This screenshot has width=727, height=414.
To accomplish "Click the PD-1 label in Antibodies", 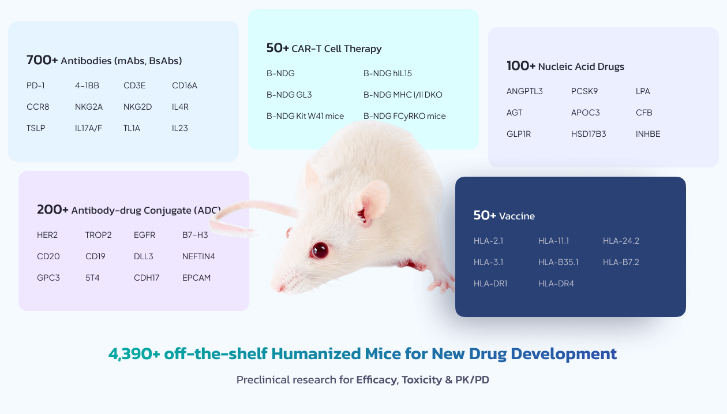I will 35,85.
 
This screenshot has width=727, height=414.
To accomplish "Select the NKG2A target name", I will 89,107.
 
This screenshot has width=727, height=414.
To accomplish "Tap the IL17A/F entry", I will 88,128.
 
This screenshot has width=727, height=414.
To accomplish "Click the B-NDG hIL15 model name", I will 387,73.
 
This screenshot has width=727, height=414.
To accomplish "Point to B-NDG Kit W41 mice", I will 305,116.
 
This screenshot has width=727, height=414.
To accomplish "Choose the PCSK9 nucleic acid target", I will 584,91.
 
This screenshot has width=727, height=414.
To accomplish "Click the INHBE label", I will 648,134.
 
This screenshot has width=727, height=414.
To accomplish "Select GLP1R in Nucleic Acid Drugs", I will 519,134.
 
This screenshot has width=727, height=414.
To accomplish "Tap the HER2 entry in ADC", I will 47,235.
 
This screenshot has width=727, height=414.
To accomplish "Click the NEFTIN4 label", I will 198,256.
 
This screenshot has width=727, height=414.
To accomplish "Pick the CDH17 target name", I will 147,278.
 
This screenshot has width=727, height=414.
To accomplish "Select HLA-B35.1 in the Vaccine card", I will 558,262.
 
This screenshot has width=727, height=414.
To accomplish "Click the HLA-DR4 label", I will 556,284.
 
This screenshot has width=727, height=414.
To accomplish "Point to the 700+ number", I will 42,60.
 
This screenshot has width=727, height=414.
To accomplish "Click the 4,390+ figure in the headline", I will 134,353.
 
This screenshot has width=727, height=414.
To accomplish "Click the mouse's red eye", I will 319,250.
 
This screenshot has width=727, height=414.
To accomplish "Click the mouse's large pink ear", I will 374,201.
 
